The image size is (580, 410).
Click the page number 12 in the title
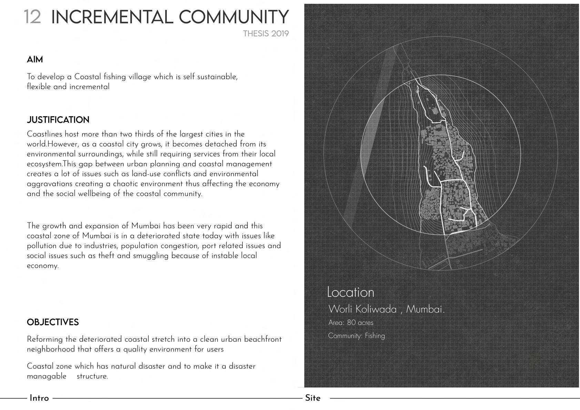click(32, 17)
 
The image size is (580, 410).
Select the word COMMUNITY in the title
click(233, 17)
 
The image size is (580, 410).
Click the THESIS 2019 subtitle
click(266, 34)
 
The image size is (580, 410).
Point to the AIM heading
click(35, 60)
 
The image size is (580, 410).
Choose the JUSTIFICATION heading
click(58, 120)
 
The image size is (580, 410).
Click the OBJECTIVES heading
click(53, 322)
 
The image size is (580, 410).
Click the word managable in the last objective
click(47, 376)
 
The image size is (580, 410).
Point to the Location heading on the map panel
click(350, 292)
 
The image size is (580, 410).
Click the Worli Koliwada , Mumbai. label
click(386, 309)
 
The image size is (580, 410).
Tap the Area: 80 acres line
click(351, 323)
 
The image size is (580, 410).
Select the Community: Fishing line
click(356, 336)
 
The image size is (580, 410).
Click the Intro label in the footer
click(39, 398)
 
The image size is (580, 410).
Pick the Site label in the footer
click(313, 398)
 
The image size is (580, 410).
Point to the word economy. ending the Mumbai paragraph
click(43, 266)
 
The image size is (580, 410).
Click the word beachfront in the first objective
click(263, 339)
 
